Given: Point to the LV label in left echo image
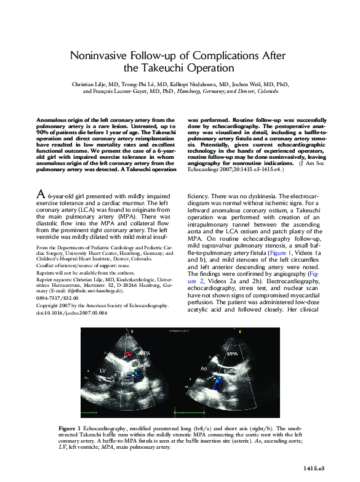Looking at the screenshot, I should (104, 370).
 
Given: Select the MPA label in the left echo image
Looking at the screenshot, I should (145, 353).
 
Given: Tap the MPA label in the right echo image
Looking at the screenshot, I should (232, 355).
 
